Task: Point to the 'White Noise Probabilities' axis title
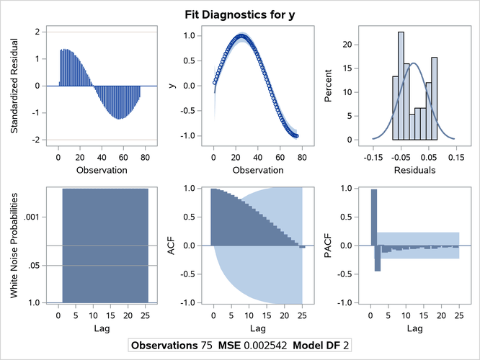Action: point(14,246)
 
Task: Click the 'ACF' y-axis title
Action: point(171,246)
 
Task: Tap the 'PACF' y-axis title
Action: point(329,246)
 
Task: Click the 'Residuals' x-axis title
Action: point(414,170)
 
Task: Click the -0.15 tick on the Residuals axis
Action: point(373,156)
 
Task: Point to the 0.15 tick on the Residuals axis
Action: point(455,156)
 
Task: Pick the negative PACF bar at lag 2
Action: point(378,258)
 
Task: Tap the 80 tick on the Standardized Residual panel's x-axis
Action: point(145,156)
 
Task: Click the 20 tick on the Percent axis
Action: point(347,45)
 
